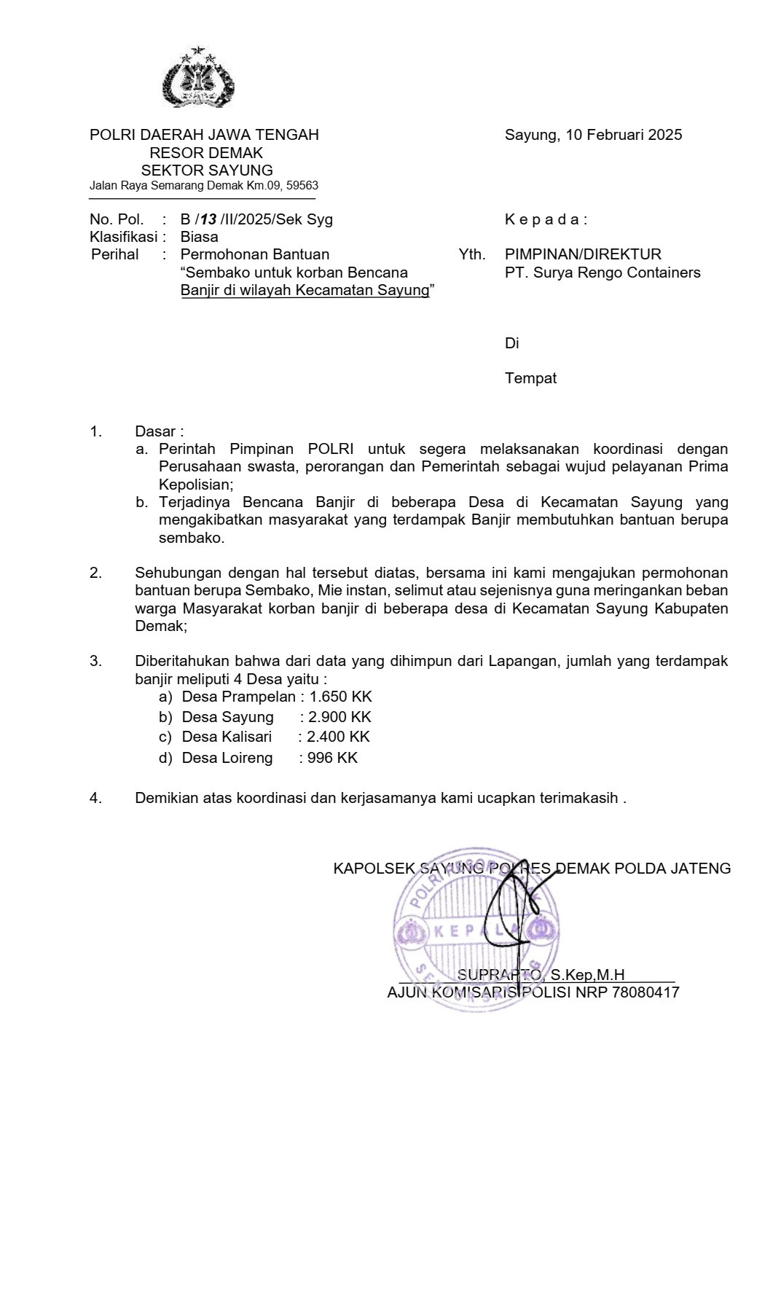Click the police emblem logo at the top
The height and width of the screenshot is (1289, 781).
[198, 79]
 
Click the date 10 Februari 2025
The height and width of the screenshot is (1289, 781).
[624, 135]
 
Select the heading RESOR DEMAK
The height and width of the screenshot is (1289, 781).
[206, 153]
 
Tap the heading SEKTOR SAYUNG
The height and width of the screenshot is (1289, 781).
[207, 171]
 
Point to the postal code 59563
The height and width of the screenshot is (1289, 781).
[302, 186]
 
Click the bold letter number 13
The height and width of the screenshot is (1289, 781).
[208, 219]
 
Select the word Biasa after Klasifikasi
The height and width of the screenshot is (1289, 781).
[199, 237]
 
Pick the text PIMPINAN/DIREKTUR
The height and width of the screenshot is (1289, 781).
[583, 254]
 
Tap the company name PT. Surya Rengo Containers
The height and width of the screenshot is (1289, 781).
[603, 273]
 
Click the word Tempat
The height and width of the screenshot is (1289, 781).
[530, 378]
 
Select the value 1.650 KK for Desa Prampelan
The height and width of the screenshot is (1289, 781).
[341, 697]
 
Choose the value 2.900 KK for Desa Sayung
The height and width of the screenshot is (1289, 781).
[340, 717]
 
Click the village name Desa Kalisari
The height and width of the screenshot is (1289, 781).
[227, 737]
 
